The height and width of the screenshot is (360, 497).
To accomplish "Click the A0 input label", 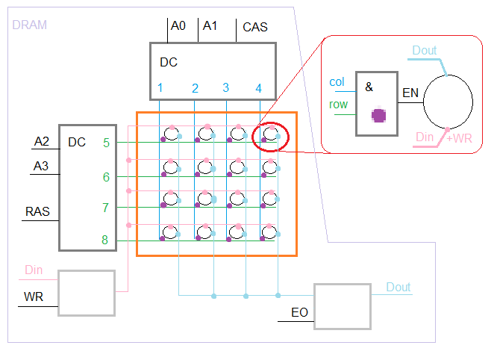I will (x=178, y=25).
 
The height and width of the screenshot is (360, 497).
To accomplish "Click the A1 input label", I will (x=210, y=25).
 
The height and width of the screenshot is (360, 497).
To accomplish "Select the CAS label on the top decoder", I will (x=255, y=28).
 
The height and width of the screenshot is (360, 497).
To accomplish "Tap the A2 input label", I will (x=42, y=141).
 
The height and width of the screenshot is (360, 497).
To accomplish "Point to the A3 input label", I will (x=42, y=166).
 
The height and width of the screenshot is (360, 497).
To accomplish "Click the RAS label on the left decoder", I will (x=38, y=211).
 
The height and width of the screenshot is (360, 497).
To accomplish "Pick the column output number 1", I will (x=160, y=88).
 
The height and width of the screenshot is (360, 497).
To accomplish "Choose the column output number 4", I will (x=259, y=88).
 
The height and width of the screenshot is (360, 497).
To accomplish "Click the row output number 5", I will (x=106, y=142).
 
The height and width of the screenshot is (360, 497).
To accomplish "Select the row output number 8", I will (x=106, y=240).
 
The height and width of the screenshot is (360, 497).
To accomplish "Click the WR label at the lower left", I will (x=34, y=297).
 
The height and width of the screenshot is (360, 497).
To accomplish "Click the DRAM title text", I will (x=29, y=25).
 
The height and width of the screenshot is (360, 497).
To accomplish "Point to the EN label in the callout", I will (x=410, y=93).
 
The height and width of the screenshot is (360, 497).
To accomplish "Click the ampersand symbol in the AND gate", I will (x=369, y=87).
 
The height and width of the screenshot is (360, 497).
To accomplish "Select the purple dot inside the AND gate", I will (x=380, y=115).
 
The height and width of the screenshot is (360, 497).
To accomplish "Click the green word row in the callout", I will (x=338, y=105).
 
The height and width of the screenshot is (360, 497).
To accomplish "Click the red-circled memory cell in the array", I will (x=270, y=136).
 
